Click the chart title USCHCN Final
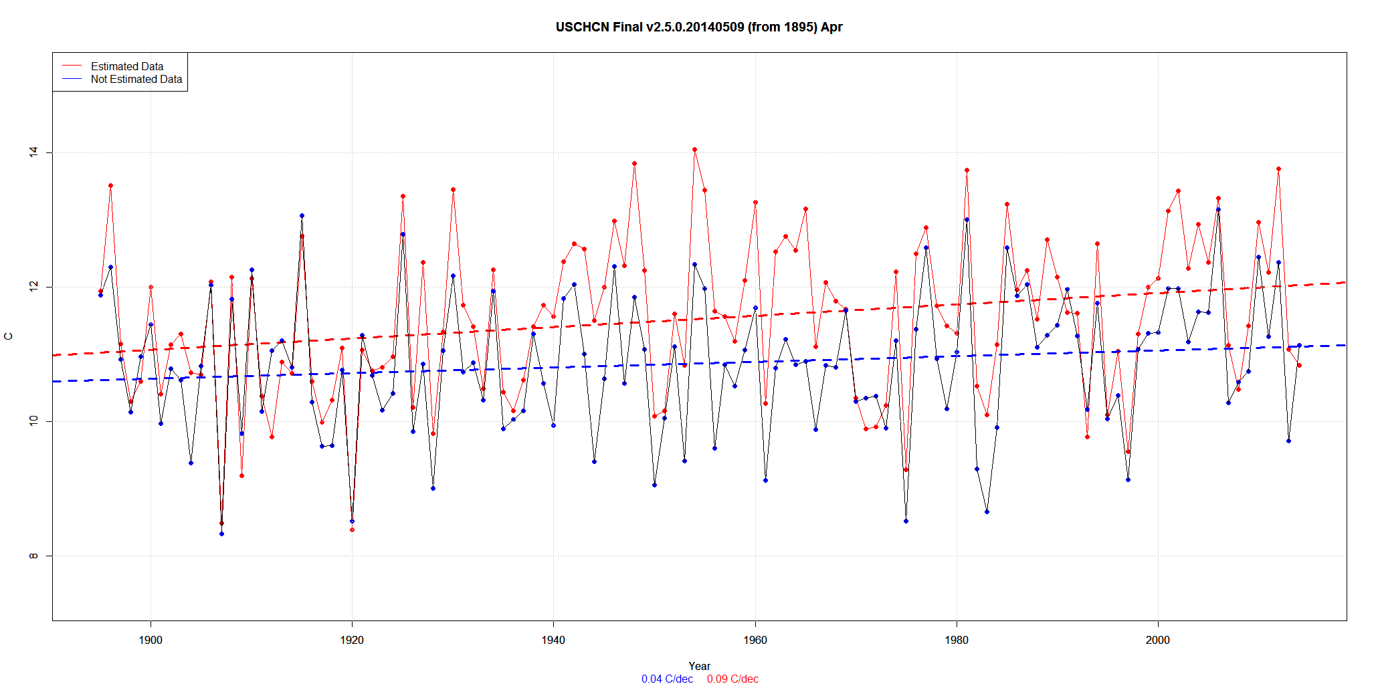(699, 27)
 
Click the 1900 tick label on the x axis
(151, 640)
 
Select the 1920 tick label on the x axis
(352, 640)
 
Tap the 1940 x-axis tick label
(553, 640)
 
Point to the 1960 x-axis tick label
(755, 640)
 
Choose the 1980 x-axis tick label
(957, 640)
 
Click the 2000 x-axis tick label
(1158, 640)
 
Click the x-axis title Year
(699, 666)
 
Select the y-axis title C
(9, 336)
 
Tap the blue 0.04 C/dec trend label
(667, 679)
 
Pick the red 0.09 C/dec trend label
(732, 679)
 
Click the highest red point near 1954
(694, 150)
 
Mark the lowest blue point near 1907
(221, 534)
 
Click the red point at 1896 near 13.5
(110, 186)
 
